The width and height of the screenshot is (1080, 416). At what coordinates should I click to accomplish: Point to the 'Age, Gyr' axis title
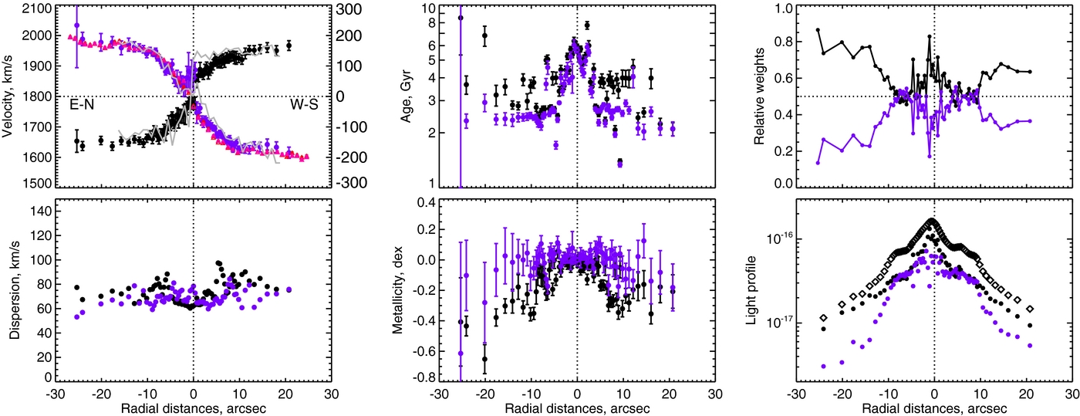406,96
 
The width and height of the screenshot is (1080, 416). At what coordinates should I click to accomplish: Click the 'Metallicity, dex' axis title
397,290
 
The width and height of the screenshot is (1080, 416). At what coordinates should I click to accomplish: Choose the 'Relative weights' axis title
759,96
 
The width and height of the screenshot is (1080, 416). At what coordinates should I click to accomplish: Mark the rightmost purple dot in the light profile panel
1030,346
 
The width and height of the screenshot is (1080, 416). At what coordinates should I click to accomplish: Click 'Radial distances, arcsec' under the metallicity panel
577,408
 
